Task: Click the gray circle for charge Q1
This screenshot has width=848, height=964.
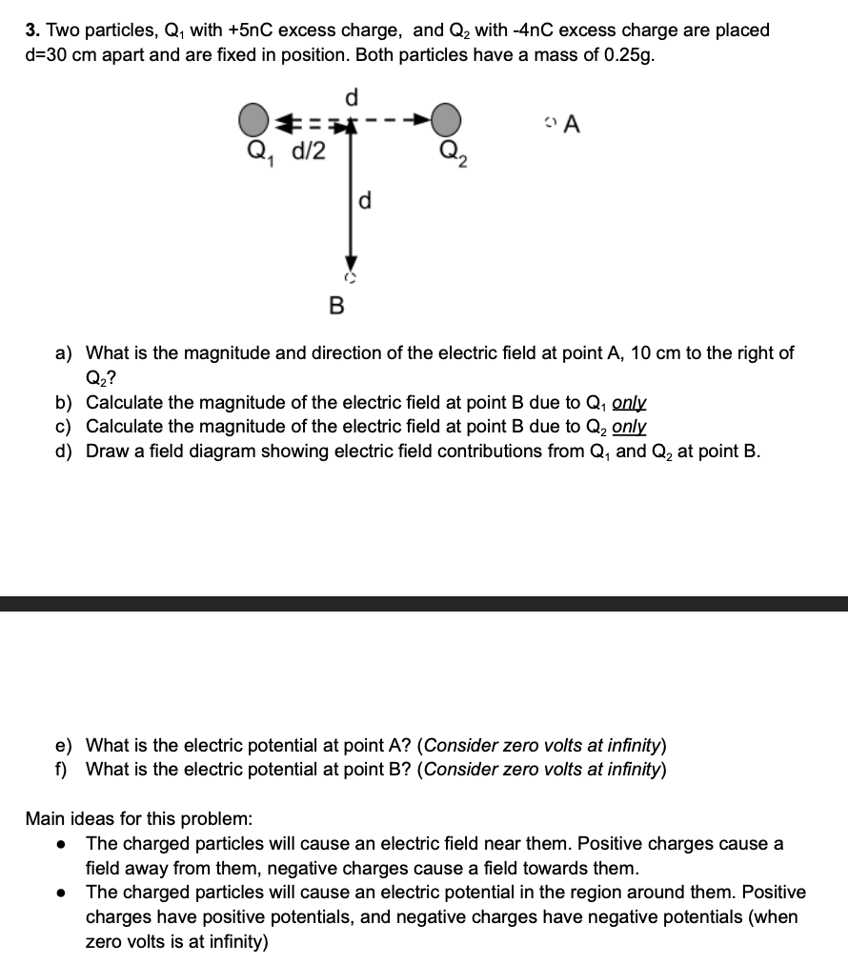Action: [252, 121]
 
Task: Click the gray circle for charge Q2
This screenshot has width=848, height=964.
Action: [446, 121]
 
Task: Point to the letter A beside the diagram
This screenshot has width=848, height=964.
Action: [573, 124]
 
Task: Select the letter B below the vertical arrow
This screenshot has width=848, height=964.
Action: [335, 306]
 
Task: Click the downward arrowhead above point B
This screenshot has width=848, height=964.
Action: [351, 264]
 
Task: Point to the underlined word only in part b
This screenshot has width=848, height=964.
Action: [630, 402]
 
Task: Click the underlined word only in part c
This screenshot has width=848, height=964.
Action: [630, 427]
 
